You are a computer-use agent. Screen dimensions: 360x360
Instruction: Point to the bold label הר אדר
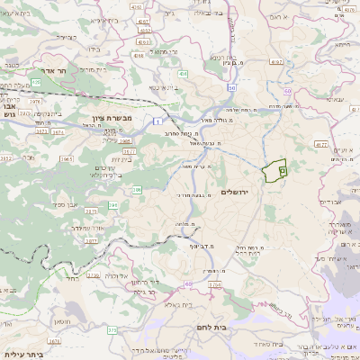tap(45, 69)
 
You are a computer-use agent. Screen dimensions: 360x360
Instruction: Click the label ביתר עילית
tap(22, 355)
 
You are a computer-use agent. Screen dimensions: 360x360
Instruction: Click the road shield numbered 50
tap(231, 87)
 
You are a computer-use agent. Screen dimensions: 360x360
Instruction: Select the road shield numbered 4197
tap(276, 62)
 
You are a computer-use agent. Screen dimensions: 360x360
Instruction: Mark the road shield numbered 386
tap(138, 190)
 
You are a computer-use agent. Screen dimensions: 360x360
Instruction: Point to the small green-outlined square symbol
tap(282, 168)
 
